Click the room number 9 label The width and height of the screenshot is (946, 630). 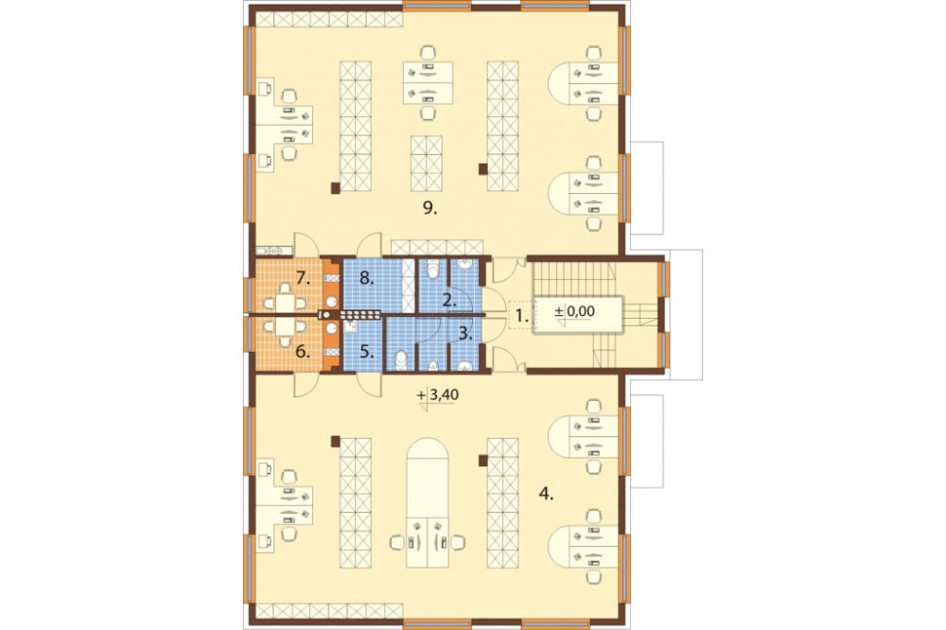point(429,209)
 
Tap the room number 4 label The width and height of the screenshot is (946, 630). point(546,495)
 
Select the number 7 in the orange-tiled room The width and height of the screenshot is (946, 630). point(304,279)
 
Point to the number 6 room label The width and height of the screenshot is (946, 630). point(303,351)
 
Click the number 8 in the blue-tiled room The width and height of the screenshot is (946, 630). point(366,279)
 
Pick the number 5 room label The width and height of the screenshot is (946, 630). point(367,351)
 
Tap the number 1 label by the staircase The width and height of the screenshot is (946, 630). point(521,314)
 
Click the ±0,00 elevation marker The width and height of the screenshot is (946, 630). point(574,312)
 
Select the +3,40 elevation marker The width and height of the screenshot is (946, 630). point(438,395)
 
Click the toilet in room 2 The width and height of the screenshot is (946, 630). point(432,270)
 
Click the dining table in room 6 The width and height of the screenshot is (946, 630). point(285,327)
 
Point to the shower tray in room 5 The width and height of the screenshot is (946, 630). point(351,328)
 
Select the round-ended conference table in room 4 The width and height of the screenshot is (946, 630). point(428,502)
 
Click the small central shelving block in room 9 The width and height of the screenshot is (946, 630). point(427,163)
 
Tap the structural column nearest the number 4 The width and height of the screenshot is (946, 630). point(482,461)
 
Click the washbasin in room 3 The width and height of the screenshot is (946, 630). point(464,364)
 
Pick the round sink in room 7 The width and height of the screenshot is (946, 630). point(330,301)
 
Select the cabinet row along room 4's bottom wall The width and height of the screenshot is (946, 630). point(329,610)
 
